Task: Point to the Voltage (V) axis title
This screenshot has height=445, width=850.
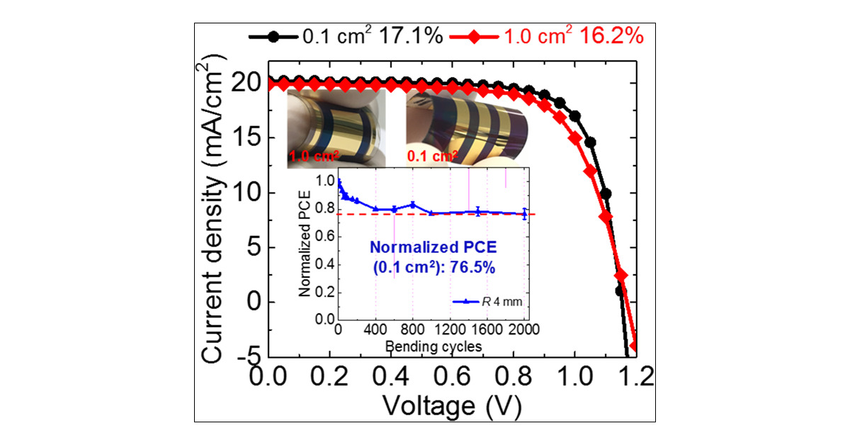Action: tap(453, 405)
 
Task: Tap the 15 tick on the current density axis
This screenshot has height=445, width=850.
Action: tap(249, 137)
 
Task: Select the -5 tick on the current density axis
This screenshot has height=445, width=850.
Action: tap(249, 356)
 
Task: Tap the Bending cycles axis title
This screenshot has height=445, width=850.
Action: tap(433, 347)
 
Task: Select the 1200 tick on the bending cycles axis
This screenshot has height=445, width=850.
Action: tap(450, 329)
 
